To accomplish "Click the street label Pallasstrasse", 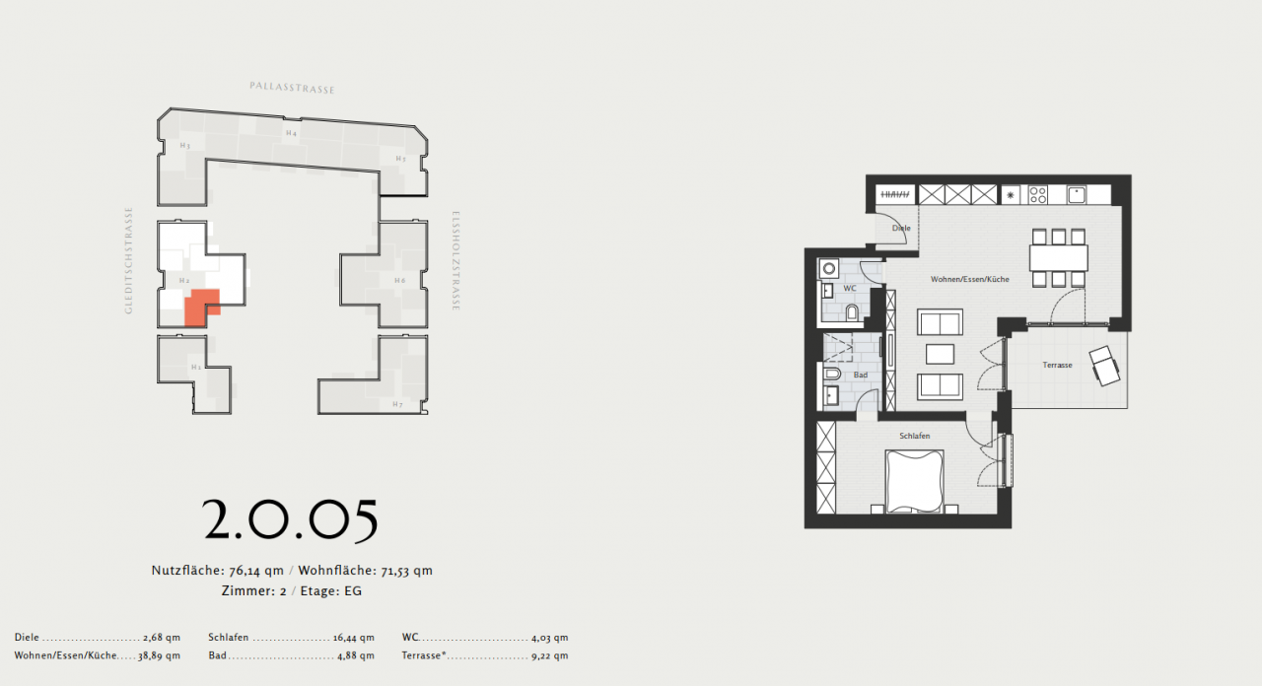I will (292, 89).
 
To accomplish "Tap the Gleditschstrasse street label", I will (128, 260).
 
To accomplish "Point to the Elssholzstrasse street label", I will (456, 261).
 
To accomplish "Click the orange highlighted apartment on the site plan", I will (200, 307).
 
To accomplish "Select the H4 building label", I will (291, 133).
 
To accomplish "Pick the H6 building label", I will (399, 281).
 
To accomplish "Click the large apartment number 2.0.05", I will (291, 520).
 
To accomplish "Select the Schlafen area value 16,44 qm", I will (355, 638).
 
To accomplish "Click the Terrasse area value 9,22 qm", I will (549, 655).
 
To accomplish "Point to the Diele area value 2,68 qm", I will (162, 638).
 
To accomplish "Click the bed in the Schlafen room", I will (914, 481).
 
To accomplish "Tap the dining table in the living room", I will (1058, 258).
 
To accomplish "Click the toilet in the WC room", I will (851, 312).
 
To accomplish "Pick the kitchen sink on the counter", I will (1076, 194).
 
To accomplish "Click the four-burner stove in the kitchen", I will (1038, 194).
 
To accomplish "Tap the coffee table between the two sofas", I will (940, 353).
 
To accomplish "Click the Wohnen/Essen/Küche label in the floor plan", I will (969, 280).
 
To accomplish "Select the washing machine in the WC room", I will (829, 267).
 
